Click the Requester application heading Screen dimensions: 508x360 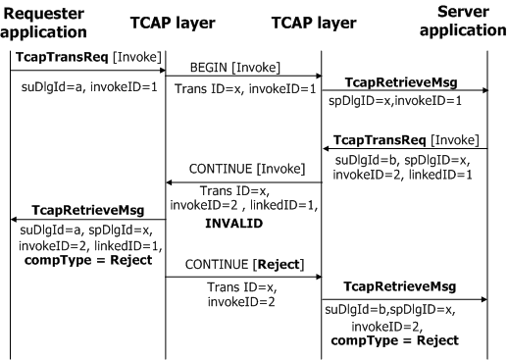click(x=43, y=23)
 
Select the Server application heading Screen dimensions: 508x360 click(x=463, y=21)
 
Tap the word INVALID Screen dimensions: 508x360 click(x=234, y=224)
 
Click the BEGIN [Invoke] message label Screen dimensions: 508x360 click(x=235, y=68)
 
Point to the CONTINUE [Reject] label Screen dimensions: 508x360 click(x=244, y=265)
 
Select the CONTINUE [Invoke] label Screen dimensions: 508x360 click(x=247, y=169)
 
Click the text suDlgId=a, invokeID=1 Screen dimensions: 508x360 click(x=89, y=87)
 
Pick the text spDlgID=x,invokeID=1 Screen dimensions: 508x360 click(x=395, y=101)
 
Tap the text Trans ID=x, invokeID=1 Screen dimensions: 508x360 click(x=245, y=89)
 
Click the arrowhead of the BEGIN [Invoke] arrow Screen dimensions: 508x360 click(x=320, y=77)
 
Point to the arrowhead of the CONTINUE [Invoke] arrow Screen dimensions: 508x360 click(x=169, y=182)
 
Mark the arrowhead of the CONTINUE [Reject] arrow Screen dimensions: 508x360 click(x=320, y=277)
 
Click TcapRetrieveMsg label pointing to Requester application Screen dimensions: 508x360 click(x=88, y=210)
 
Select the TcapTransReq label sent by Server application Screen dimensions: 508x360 click(x=380, y=140)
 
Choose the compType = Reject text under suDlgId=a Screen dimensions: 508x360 click(x=88, y=260)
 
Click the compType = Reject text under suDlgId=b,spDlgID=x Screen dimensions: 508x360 click(x=394, y=340)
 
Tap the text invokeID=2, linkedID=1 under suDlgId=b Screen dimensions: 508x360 click(x=402, y=175)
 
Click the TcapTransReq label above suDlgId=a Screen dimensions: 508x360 click(x=62, y=57)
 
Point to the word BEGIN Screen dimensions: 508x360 click(x=209, y=68)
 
